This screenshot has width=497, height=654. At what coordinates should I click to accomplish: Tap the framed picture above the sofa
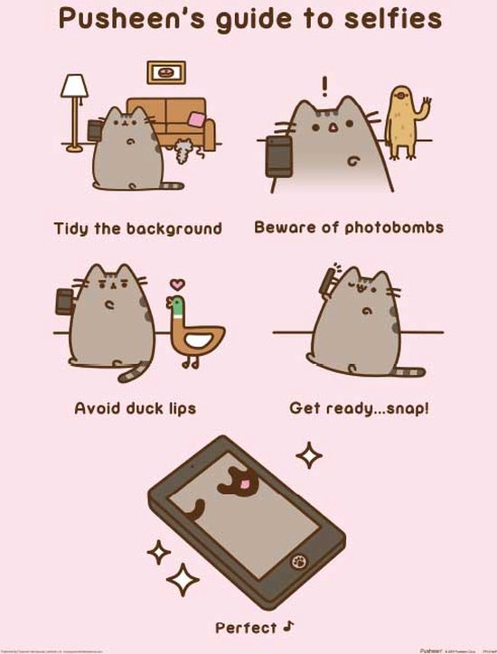pyautogui.click(x=165, y=72)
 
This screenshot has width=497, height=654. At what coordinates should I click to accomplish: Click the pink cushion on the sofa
pyautogui.click(x=196, y=119)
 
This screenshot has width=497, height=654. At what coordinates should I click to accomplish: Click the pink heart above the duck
pyautogui.click(x=177, y=285)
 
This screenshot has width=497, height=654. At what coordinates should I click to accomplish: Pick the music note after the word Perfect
pyautogui.click(x=290, y=624)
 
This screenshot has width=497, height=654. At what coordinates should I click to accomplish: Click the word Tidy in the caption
pyautogui.click(x=72, y=228)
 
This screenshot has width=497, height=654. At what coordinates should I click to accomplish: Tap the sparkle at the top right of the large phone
pyautogui.click(x=310, y=455)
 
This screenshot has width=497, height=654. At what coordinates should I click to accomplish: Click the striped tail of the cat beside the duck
pyautogui.click(x=136, y=369)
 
